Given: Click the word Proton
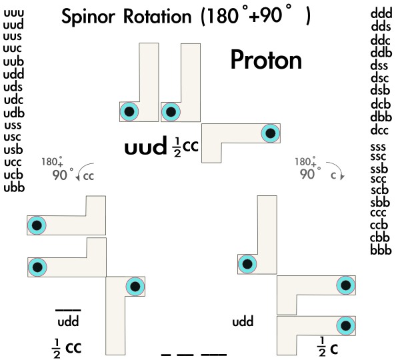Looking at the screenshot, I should pos(266,61).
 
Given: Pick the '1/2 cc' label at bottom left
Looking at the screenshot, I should pos(68,346).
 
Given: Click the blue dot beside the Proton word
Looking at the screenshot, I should pos(270,133).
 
